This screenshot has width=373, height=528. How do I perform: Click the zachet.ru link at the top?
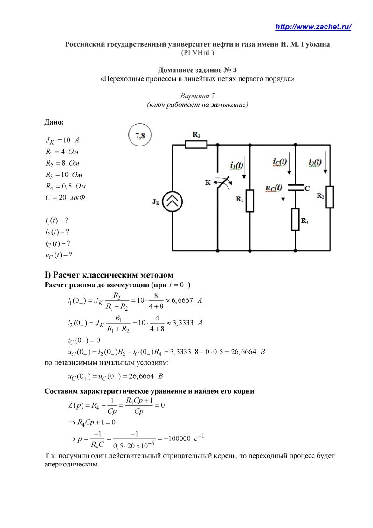pyautogui.click(x=313, y=27)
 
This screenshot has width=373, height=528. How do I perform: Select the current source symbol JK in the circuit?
pyautogui.click(x=172, y=201)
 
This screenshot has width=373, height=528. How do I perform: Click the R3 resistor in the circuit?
pyautogui.click(x=196, y=145)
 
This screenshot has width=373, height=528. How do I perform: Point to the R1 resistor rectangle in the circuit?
pyautogui.click(x=250, y=201)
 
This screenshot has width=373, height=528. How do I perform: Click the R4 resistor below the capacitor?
pyautogui.click(x=295, y=220)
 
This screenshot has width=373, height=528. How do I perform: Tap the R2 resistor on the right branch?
pyautogui.click(x=330, y=196)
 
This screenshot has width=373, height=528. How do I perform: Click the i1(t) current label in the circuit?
pyautogui.click(x=236, y=166)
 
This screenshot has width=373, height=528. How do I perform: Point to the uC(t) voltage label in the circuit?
pyautogui.click(x=274, y=188)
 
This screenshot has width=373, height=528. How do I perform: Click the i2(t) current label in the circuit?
pyautogui.click(x=315, y=162)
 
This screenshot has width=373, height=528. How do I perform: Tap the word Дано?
pyautogui.click(x=54, y=122)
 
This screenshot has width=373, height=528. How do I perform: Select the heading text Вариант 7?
pyautogui.click(x=197, y=96)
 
